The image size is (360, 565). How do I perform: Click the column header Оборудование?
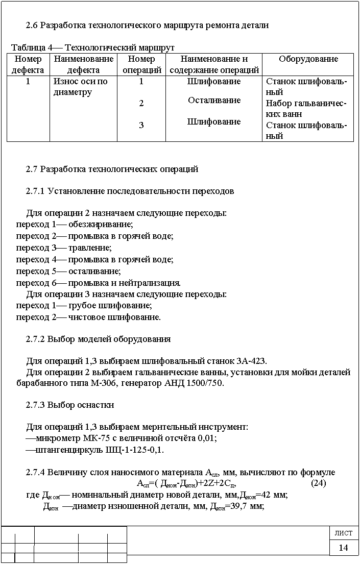coord(308,59)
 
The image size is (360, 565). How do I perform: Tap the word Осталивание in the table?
coord(214,101)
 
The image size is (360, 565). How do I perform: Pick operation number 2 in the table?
coord(141,104)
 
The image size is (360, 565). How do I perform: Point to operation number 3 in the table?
coord(141,125)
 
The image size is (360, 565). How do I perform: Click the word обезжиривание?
coord(100,225)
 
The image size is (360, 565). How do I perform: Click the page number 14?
coord(343,548)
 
